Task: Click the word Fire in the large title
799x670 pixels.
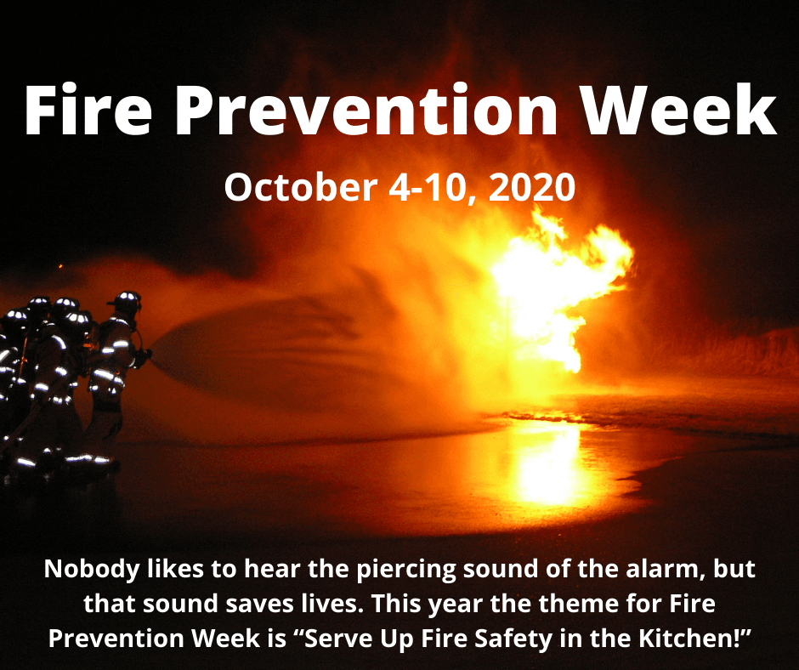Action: click(x=88, y=110)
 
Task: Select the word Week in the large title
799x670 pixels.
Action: click(x=679, y=110)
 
